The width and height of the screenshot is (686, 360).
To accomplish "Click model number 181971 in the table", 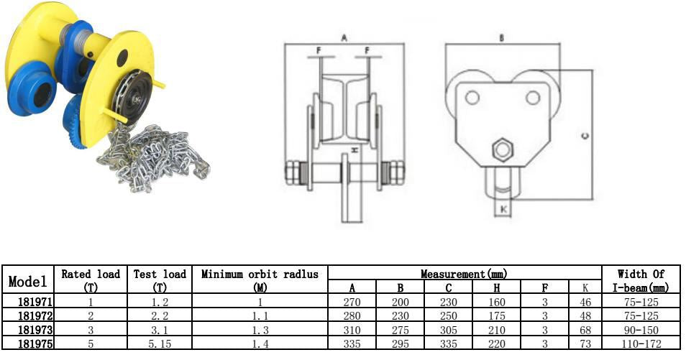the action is (x=35, y=302).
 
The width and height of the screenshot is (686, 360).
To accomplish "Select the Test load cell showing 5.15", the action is (x=160, y=343).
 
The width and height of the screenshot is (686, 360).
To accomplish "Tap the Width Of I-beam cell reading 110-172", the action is (x=641, y=343).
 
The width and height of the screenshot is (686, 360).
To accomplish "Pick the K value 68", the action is (x=585, y=330).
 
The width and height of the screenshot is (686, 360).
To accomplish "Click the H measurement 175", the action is (x=497, y=316).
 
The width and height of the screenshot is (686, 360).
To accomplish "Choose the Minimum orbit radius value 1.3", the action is (x=260, y=330).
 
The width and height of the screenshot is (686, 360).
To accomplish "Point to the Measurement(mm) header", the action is (x=465, y=274).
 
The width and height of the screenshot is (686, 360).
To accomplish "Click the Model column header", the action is (x=27, y=281).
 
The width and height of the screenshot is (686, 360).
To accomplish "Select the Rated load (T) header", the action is (x=91, y=280).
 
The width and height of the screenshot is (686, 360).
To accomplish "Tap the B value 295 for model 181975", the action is (x=401, y=343).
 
